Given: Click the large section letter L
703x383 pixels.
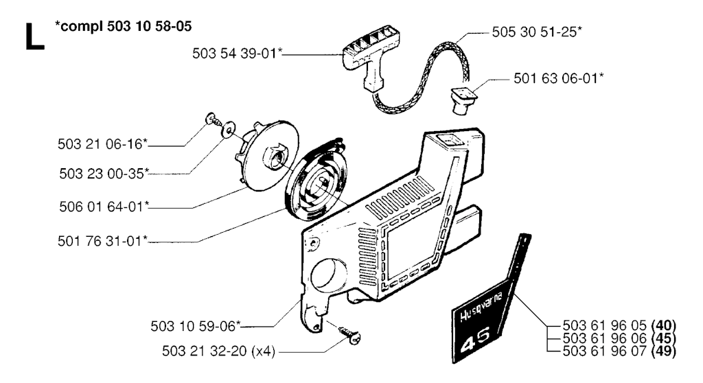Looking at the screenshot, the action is [34, 36].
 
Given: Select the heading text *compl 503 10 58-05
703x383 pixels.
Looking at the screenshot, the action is [123, 27].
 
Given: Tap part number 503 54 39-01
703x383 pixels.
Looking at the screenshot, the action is [237, 54].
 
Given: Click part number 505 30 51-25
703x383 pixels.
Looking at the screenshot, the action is [537, 32].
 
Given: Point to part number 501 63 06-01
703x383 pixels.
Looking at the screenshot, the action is [558, 78].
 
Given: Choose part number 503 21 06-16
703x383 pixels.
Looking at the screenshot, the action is [103, 144].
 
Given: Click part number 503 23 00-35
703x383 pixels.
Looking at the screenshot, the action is [104, 174].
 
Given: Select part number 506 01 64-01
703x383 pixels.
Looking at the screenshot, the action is [104, 207].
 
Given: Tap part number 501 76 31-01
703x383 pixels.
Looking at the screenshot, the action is [103, 242].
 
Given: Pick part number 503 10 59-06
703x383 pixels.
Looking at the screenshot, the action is [196, 326].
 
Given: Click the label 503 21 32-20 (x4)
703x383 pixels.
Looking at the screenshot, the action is [219, 351].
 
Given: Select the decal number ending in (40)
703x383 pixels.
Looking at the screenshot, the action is [619, 325].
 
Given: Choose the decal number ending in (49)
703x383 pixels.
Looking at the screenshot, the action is [619, 351].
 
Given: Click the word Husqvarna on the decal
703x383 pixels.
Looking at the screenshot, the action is [481, 307].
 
